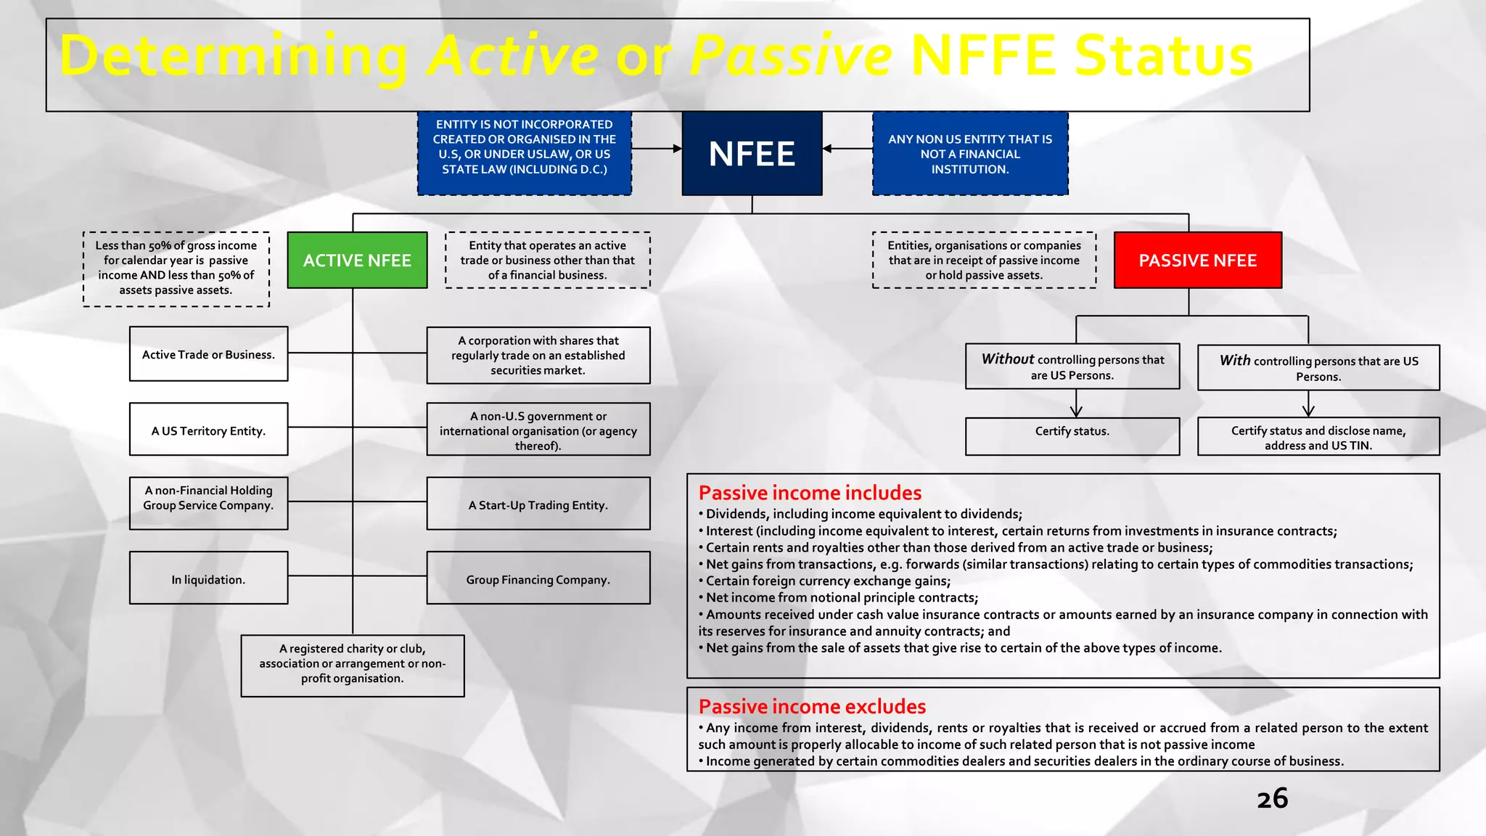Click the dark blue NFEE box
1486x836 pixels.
(752, 153)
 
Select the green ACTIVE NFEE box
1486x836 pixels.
(357, 261)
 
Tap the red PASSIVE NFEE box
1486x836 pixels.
(1197, 261)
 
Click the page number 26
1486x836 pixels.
(1272, 798)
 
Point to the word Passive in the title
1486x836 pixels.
(789, 56)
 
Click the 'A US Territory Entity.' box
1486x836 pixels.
(208, 430)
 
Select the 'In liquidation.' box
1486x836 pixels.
(208, 578)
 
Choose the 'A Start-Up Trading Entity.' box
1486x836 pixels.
(538, 504)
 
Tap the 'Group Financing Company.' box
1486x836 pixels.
(538, 578)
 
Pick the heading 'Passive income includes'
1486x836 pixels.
(810, 493)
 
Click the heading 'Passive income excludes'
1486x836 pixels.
(812, 706)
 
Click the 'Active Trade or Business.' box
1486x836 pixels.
(208, 354)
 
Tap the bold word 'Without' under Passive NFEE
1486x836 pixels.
(1007, 358)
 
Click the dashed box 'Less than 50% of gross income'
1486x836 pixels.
(176, 269)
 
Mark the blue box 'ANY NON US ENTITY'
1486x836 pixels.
(970, 153)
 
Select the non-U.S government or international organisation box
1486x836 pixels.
(538, 430)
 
